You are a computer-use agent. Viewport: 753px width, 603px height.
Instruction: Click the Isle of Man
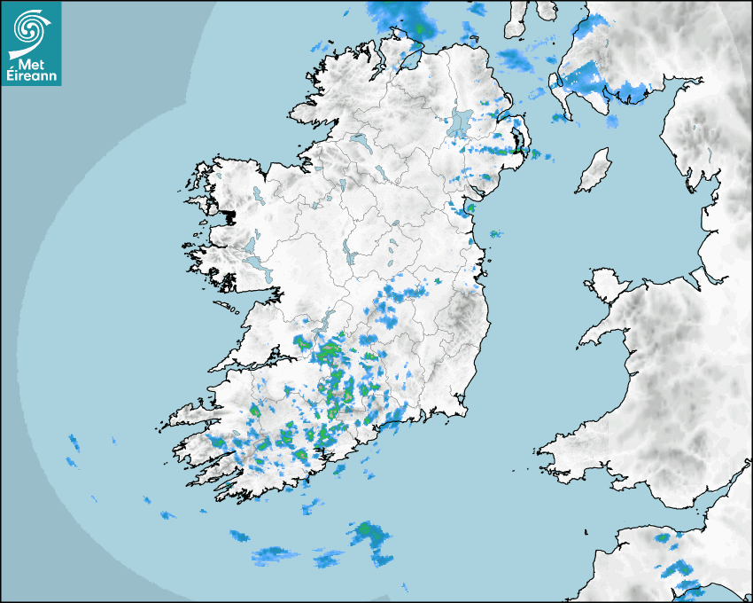click(x=594, y=170)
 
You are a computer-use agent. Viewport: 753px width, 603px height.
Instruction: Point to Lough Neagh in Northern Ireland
click(x=461, y=122)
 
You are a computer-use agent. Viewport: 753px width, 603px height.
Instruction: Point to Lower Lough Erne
click(x=359, y=142)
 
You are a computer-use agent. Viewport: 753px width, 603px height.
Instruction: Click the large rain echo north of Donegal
click(x=403, y=16)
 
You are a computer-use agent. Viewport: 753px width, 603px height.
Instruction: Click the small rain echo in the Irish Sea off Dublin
click(x=495, y=234)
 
